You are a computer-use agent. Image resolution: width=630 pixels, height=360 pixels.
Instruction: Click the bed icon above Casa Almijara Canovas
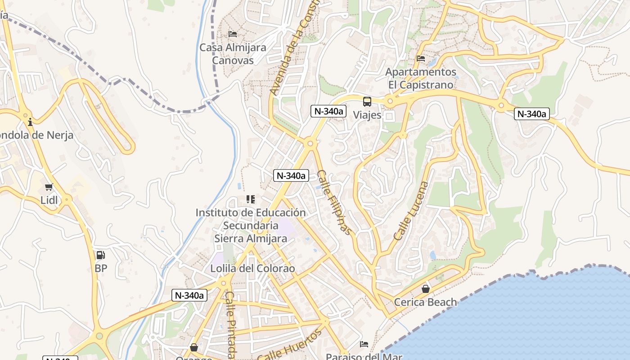click(x=233, y=34)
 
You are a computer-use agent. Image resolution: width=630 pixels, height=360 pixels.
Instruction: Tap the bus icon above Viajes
click(x=367, y=102)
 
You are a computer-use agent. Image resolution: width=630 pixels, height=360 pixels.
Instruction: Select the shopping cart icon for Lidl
click(x=49, y=187)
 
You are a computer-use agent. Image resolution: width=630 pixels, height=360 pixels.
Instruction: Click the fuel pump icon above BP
click(x=100, y=255)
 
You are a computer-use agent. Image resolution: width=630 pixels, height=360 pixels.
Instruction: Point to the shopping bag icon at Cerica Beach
click(x=425, y=288)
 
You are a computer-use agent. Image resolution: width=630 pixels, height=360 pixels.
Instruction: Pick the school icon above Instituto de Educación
click(x=251, y=199)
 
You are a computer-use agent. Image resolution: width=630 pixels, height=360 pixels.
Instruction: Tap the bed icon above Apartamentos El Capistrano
click(x=421, y=58)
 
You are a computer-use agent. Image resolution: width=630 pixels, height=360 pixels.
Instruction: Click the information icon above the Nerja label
click(x=30, y=121)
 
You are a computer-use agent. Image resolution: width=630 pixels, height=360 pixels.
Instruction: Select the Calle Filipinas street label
click(x=333, y=202)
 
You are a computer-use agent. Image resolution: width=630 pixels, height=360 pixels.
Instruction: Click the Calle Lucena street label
click(x=411, y=211)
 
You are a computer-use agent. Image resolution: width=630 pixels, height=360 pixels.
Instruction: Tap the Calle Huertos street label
click(x=290, y=345)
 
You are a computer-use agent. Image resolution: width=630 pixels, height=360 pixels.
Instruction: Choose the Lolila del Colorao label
click(x=253, y=269)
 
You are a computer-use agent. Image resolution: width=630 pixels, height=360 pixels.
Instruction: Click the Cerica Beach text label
click(x=425, y=302)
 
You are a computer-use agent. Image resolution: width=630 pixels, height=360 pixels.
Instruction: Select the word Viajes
click(x=367, y=115)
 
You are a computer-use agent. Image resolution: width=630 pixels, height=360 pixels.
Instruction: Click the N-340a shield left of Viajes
click(x=328, y=111)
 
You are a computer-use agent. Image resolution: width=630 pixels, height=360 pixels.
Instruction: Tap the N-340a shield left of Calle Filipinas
click(x=291, y=175)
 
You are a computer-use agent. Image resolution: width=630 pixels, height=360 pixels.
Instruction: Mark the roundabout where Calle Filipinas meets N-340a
click(x=310, y=144)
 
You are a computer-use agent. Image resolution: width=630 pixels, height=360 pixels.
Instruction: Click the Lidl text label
click(x=49, y=200)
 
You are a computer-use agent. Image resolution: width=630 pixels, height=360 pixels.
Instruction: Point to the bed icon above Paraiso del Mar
click(x=364, y=344)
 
